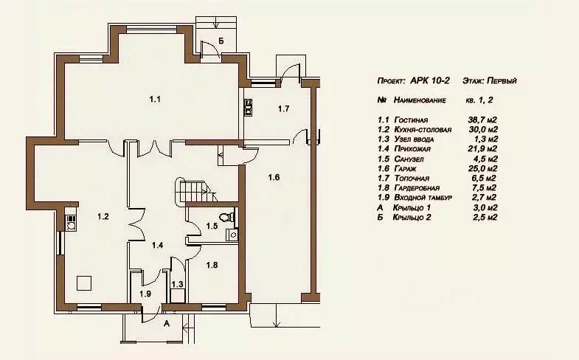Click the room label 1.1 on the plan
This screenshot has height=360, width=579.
155,99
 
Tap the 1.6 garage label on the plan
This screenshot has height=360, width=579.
274,177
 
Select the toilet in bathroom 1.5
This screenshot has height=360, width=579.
227,217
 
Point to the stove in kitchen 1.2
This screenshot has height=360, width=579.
71,223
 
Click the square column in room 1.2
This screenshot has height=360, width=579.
84,283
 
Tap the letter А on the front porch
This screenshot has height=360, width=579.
167,324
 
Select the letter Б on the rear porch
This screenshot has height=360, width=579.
221,41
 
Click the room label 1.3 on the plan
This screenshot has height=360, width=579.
177,284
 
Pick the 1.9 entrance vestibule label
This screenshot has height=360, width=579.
145,294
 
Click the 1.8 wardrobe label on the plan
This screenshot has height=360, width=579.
212,265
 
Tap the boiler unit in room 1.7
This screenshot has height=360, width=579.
249,107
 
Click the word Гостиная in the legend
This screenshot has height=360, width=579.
411,120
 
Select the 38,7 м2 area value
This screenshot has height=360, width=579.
482,120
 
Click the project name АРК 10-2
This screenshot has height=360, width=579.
430,80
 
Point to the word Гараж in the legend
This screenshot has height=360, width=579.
405,169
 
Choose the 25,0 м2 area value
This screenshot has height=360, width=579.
482,168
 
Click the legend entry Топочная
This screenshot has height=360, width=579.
412,179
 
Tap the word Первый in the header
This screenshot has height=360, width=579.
502,80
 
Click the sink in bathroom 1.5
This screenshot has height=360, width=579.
232,235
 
